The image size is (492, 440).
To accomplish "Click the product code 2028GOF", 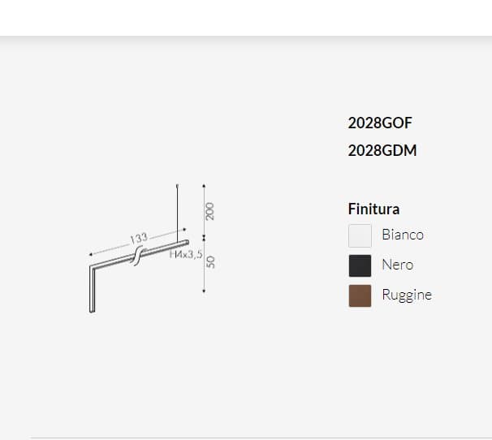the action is (x=380, y=123).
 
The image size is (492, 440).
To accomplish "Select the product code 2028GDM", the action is (x=382, y=151).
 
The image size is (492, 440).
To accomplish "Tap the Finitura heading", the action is (x=373, y=209).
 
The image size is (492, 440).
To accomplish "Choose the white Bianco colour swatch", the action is (x=360, y=235).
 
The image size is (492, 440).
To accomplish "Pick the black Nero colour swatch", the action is (x=360, y=265).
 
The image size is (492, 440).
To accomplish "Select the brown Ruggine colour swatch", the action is (x=360, y=295).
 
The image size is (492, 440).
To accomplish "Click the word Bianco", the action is (x=403, y=235).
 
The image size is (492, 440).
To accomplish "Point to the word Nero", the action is (x=398, y=265).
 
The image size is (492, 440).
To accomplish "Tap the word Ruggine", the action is (x=407, y=295).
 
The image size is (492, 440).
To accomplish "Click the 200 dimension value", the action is (x=209, y=212).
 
